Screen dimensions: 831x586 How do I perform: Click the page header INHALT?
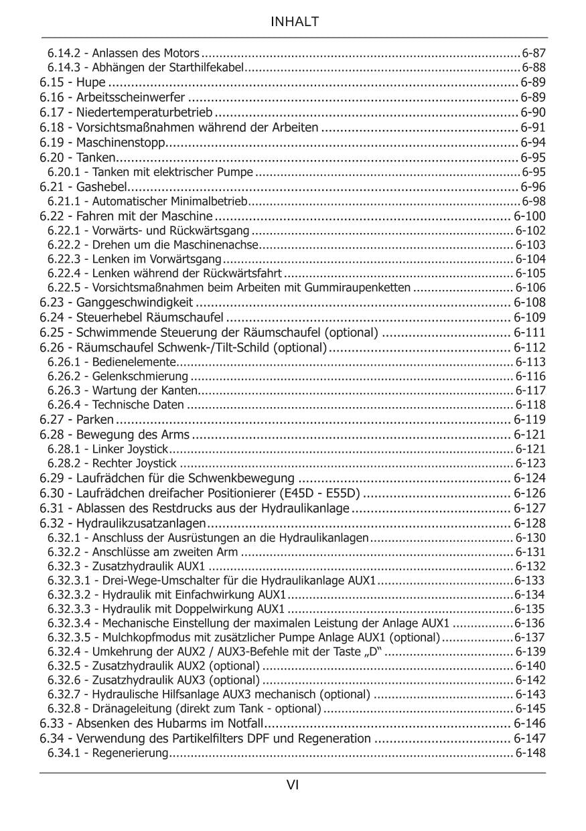coord(294,22)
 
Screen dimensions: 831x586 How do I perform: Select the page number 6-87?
coord(534,53)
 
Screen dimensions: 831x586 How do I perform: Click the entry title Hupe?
coord(91,82)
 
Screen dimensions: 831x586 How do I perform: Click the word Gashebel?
coord(101,186)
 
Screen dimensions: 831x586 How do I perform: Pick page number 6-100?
coord(530,216)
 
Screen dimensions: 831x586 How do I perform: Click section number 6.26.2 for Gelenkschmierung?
coord(63,376)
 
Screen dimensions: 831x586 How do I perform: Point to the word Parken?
coord(95,420)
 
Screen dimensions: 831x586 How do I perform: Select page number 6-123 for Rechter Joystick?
coord(530,463)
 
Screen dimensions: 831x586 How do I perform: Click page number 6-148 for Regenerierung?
coord(530,753)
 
